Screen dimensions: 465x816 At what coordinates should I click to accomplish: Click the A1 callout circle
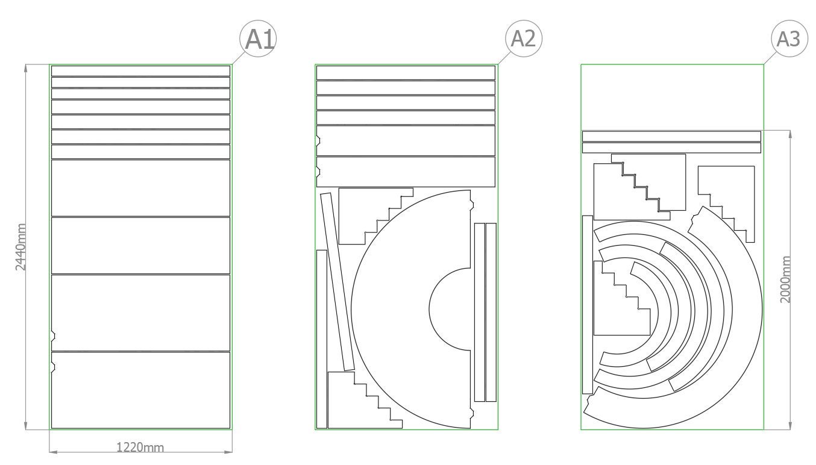click(x=259, y=39)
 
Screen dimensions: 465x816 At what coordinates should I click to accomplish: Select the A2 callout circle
click(x=523, y=39)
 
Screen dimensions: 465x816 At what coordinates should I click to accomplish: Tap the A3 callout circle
click(x=788, y=39)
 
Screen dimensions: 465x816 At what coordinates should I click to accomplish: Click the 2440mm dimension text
click(x=20, y=247)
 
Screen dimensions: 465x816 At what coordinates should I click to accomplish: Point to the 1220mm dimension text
click(x=140, y=447)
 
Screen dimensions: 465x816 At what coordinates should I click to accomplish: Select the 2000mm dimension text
click(x=785, y=279)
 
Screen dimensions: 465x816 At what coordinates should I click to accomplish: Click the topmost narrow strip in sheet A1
click(x=140, y=71)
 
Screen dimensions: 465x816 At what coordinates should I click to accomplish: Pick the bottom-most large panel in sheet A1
click(x=140, y=390)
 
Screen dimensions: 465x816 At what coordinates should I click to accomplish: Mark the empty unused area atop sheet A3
click(x=672, y=96)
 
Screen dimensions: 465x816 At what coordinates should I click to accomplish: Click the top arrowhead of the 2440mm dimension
click(x=27, y=68)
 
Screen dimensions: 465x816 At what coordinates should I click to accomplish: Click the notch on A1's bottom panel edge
click(x=53, y=366)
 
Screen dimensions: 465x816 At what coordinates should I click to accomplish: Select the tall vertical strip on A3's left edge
click(x=587, y=304)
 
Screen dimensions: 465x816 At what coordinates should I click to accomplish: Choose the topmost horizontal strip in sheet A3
click(x=671, y=136)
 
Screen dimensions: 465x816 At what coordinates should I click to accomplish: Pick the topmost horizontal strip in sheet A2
click(x=406, y=72)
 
